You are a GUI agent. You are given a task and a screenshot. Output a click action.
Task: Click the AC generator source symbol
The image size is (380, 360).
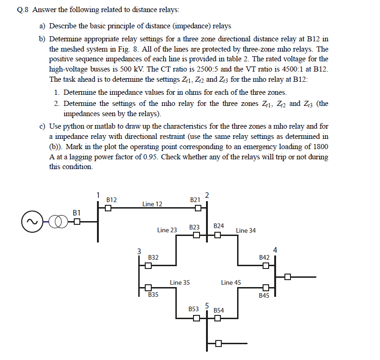(32, 222)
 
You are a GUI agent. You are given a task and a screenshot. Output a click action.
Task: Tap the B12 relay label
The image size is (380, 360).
(111, 199)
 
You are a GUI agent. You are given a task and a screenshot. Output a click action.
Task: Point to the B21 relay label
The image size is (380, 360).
(195, 199)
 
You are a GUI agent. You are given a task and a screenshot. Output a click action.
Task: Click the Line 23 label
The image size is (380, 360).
(167, 230)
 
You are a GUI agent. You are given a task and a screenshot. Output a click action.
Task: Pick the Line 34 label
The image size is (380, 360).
(245, 230)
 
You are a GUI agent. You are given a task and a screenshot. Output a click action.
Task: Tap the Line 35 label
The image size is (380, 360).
(180, 282)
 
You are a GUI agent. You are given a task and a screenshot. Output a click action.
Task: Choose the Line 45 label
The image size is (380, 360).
(231, 282)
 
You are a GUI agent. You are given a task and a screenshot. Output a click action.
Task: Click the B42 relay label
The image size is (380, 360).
(264, 257)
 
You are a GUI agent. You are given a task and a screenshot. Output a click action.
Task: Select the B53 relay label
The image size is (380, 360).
(193, 309)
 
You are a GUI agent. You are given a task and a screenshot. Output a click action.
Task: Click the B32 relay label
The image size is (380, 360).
(153, 257)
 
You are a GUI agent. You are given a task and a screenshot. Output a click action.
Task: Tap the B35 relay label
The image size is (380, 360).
(153, 295)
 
